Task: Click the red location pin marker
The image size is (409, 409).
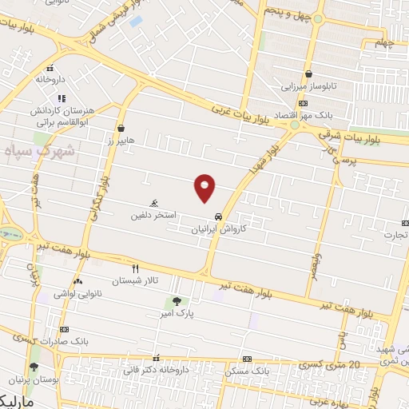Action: click(x=205, y=187)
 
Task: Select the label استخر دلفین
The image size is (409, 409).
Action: click(x=155, y=216)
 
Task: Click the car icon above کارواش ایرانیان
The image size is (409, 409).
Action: click(x=218, y=216)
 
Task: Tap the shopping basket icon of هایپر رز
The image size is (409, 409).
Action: click(x=121, y=128)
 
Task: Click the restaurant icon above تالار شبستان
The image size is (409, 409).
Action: click(x=135, y=268)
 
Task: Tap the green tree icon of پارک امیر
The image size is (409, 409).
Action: click(x=177, y=301)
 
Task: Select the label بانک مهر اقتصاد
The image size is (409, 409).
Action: click(x=275, y=116)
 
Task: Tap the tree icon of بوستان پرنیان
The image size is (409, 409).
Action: click(x=33, y=367)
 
